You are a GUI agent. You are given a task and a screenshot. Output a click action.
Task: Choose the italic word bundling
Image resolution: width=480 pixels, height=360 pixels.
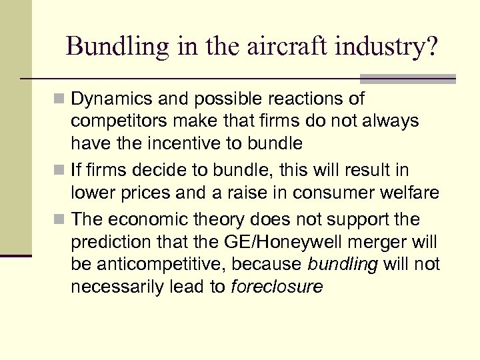pyautogui.click(x=343, y=265)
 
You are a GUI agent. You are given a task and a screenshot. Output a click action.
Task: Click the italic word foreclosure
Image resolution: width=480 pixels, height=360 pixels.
pyautogui.click(x=276, y=287)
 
